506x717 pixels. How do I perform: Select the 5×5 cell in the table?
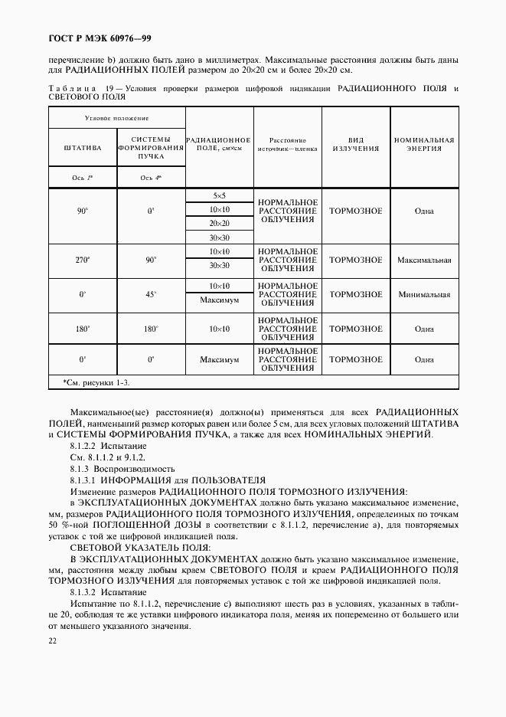220,196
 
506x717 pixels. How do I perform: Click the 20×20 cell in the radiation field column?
220,224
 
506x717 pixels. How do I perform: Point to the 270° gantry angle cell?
83,260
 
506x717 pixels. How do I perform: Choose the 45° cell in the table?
152,294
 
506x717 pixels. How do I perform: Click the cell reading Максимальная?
424,260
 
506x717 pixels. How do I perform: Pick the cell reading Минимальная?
424,294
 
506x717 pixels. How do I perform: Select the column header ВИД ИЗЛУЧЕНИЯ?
356,145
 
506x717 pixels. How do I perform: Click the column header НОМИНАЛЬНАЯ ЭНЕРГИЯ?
424,145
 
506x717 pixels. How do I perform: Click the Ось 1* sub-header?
83,178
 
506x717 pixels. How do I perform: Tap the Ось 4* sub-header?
152,178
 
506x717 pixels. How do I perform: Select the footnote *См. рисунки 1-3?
96,381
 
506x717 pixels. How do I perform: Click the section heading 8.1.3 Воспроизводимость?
122,468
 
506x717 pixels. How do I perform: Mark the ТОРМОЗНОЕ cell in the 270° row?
356,260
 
